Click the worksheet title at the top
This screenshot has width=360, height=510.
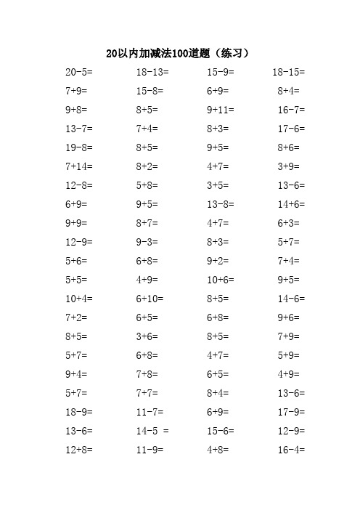point(179,53)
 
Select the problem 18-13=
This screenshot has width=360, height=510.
point(152,73)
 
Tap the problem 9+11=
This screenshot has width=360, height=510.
point(221,110)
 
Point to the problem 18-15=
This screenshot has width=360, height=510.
point(289,73)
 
